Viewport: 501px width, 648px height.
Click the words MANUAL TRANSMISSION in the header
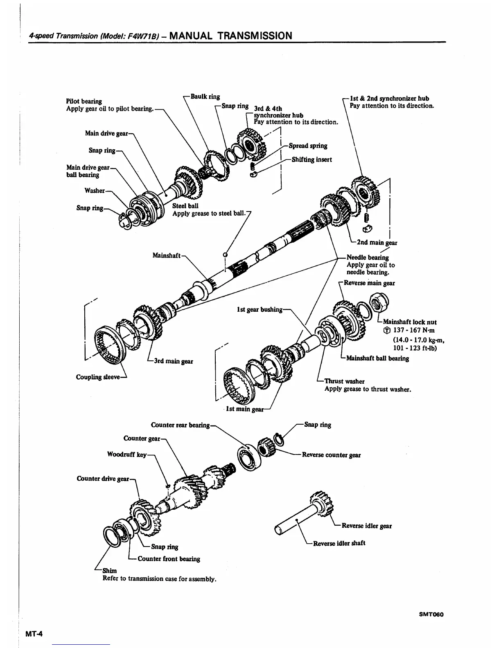(x=230, y=36)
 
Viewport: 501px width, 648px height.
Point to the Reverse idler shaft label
(x=339, y=543)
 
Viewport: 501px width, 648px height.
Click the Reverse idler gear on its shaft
(x=322, y=504)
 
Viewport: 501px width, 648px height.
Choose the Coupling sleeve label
(x=98, y=377)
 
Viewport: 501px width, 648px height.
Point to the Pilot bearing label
(x=84, y=101)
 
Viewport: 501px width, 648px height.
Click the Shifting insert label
(x=311, y=160)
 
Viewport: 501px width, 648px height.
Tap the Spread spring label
(x=308, y=146)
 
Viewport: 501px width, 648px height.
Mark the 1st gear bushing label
(x=260, y=309)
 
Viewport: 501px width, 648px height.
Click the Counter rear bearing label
(x=180, y=425)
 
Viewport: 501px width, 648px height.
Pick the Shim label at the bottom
(x=110, y=570)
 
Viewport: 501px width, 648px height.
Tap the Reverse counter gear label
(x=331, y=455)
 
